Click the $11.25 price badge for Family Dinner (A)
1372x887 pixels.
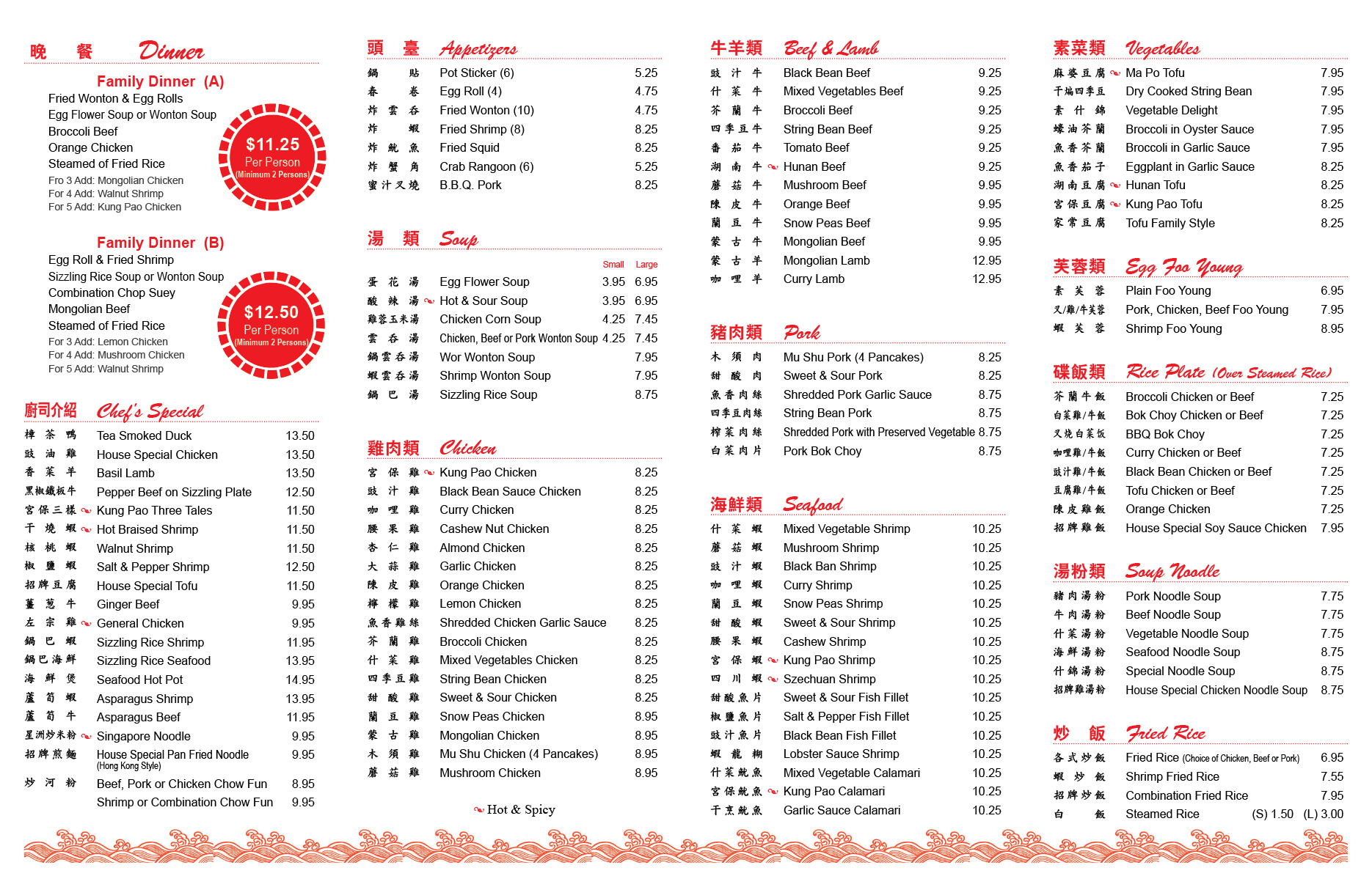tap(272, 157)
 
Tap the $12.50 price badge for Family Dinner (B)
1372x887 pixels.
tap(271, 325)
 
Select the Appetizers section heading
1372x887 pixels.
tap(478, 49)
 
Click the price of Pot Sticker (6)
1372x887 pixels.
tap(646, 73)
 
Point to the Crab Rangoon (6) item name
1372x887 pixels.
tap(486, 166)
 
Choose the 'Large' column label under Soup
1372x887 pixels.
tap(646, 265)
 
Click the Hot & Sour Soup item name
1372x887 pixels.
tap(483, 301)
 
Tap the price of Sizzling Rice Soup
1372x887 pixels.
tap(646, 394)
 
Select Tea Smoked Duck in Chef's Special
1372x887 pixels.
tap(144, 435)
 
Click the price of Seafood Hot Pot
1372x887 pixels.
tap(300, 680)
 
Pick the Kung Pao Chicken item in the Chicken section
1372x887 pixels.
tap(488, 472)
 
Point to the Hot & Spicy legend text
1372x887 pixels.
tap(520, 809)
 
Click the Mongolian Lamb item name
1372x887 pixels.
tap(826, 260)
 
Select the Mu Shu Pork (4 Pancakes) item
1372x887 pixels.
tap(853, 357)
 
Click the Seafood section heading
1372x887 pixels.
tap(812, 504)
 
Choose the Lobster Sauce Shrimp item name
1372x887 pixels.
tap(841, 754)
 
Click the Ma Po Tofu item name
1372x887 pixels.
tap(1155, 73)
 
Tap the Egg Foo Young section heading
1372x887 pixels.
tap(1183, 267)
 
